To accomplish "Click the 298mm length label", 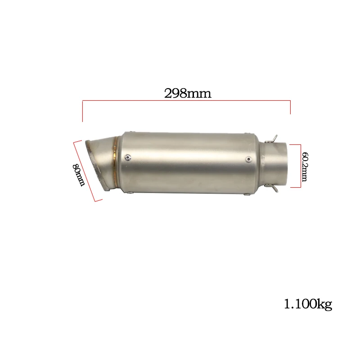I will pyautogui.click(x=187, y=93).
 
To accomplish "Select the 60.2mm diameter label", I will pyautogui.click(x=305, y=166).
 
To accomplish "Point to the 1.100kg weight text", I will pyautogui.click(x=308, y=305).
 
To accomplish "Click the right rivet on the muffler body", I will pyautogui.click(x=249, y=159).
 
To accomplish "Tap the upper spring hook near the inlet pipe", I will pyautogui.click(x=274, y=137).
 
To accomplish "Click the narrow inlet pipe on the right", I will pyautogui.click(x=281, y=164).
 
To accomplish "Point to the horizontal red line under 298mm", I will pyautogui.click(x=186, y=102).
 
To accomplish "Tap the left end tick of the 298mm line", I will pyautogui.click(x=82, y=112).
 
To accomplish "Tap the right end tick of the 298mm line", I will pyautogui.click(x=291, y=108).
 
